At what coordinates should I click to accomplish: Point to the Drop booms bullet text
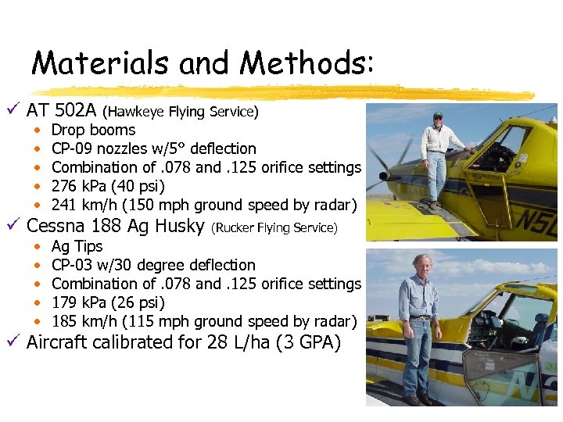click(x=93, y=130)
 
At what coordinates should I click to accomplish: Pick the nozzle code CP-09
click(x=75, y=148)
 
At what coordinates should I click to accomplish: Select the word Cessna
click(x=63, y=227)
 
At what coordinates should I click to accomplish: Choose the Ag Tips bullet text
click(x=77, y=246)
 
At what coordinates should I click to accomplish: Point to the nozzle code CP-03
click(x=75, y=265)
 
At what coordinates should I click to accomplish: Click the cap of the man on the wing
click(x=437, y=116)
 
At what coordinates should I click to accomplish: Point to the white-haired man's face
click(x=424, y=266)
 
